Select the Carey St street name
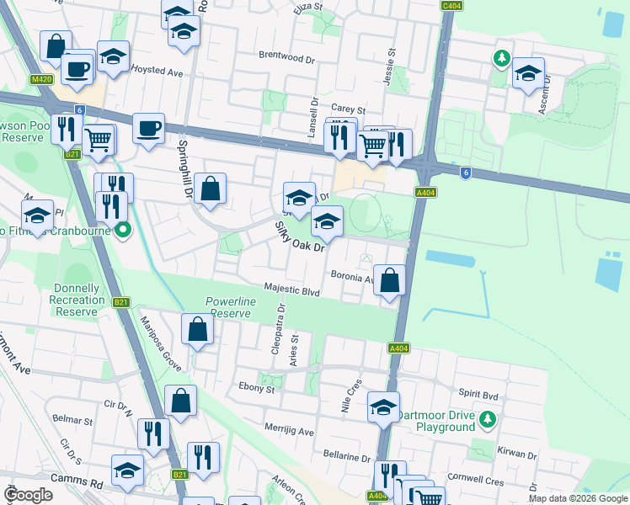[348, 109]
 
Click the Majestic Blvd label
[292, 290]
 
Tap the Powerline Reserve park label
[228, 307]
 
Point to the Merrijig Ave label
[289, 432]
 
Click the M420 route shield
[40, 79]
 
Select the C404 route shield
[451, 5]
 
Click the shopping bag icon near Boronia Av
[389, 280]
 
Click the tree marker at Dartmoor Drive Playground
[487, 418]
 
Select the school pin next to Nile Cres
[383, 408]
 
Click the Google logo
[29, 495]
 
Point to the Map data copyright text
[578, 498]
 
